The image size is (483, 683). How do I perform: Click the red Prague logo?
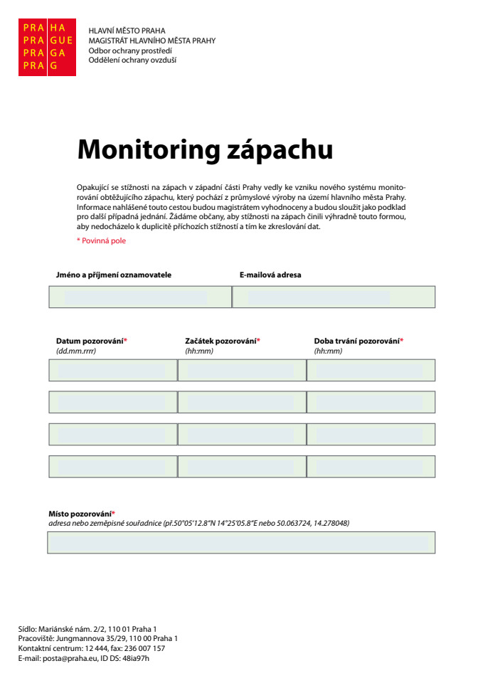tap(46, 47)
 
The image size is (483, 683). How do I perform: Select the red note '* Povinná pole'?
tap(101, 240)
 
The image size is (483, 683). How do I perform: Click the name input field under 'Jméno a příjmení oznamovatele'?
tap(140, 297)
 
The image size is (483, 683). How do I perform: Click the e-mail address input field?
tap(334, 297)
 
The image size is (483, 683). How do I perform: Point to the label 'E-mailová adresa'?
tap(270, 275)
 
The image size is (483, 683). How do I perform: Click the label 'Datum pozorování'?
tap(90, 341)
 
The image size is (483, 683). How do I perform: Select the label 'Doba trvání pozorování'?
tap(356, 341)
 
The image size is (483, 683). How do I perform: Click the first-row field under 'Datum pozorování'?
tap(112, 370)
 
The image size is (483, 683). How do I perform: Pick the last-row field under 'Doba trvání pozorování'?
tap(371, 466)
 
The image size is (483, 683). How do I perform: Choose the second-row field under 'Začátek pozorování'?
tap(242, 402)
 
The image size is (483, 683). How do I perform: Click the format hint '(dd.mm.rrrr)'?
tap(76, 351)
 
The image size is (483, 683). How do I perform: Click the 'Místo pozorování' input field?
tap(241, 542)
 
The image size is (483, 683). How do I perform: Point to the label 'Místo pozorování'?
tap(80, 514)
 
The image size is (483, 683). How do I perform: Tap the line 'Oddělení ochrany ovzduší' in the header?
tap(132, 60)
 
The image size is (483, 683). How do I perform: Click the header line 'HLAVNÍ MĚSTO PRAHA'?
tap(127, 31)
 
